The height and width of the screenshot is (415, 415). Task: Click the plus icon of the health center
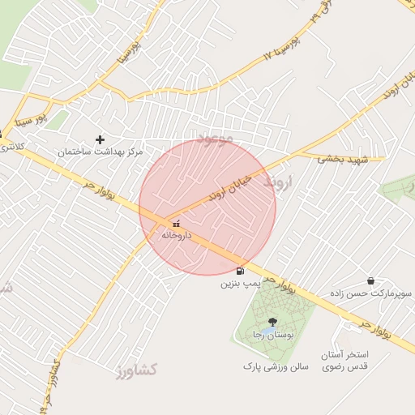[x=100, y=139]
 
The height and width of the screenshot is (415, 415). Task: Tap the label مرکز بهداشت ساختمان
[x=100, y=152]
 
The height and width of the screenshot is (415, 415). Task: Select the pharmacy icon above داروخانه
[x=175, y=223]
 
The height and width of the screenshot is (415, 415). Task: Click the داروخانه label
[x=175, y=235]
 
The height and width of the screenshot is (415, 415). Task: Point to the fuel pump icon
[x=240, y=271]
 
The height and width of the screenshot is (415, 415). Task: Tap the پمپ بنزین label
[x=241, y=284]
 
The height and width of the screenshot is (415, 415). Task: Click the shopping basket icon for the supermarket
[x=370, y=280]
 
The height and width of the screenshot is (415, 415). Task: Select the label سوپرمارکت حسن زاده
[x=370, y=293]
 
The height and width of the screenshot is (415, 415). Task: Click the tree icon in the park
[x=272, y=322]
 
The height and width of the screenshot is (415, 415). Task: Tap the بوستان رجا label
[x=270, y=334]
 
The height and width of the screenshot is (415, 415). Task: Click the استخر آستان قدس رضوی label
[x=345, y=362]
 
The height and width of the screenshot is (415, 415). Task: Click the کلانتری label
[x=12, y=147]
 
